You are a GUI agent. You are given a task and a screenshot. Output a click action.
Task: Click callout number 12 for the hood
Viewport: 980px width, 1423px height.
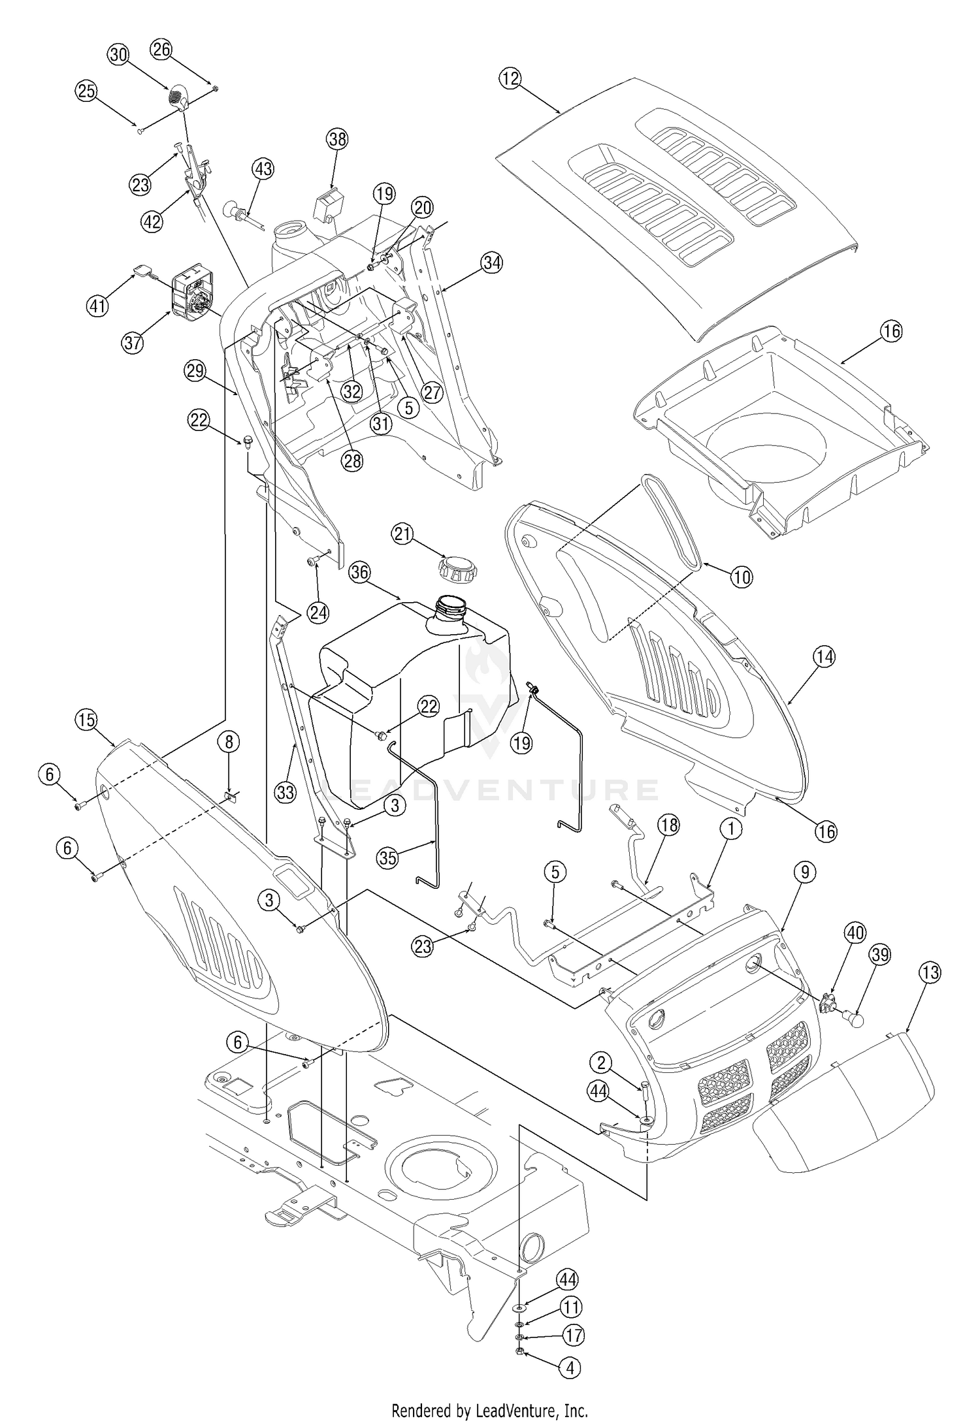pyautogui.click(x=510, y=79)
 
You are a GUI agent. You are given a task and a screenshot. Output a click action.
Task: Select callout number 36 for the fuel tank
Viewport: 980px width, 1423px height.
pyautogui.click(x=360, y=573)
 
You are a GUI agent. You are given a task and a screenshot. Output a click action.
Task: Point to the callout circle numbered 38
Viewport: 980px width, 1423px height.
pyautogui.click(x=338, y=139)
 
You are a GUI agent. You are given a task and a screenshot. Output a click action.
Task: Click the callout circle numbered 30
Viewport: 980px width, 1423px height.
pyautogui.click(x=118, y=56)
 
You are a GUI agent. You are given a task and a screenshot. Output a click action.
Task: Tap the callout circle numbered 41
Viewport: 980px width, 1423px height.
pyautogui.click(x=97, y=305)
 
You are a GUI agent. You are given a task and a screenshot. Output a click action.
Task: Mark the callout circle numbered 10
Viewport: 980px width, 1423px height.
pyautogui.click(x=742, y=577)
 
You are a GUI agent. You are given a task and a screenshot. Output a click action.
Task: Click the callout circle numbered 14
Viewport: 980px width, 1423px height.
pyautogui.click(x=824, y=656)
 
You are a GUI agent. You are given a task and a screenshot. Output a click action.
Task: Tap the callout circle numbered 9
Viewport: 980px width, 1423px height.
pyautogui.click(x=804, y=872)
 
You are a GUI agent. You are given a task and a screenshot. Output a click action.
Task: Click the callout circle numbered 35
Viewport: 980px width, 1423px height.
pyautogui.click(x=387, y=857)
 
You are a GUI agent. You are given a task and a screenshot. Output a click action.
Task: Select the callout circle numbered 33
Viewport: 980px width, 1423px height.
pyautogui.click(x=286, y=792)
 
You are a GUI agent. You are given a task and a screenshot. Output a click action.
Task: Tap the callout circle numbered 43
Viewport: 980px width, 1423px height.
pyautogui.click(x=263, y=169)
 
